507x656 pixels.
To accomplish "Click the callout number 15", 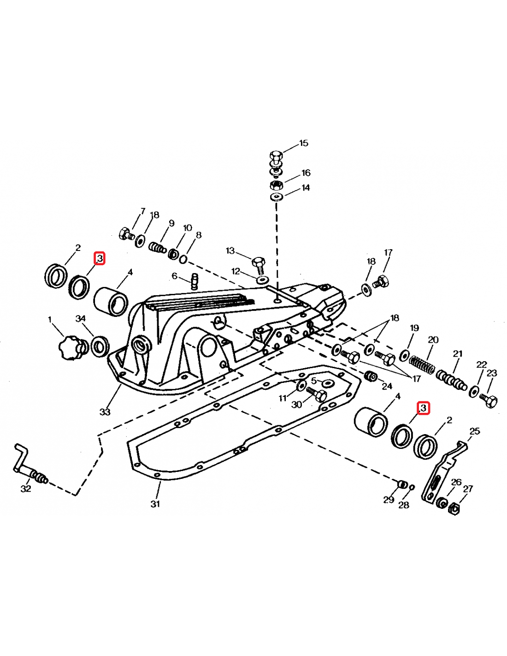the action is [x=304, y=143].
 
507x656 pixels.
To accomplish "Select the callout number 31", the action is [x=155, y=504].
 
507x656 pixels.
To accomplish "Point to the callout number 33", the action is [x=105, y=412].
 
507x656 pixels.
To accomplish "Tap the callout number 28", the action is [x=404, y=505].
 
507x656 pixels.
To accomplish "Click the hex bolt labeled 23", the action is [x=489, y=400].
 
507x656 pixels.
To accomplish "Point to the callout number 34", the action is [x=81, y=318].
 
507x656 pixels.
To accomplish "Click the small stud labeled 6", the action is [x=195, y=281].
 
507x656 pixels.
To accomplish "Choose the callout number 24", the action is [x=387, y=386].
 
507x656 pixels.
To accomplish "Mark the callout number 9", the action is [x=171, y=223].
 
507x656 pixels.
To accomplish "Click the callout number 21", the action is [x=458, y=353].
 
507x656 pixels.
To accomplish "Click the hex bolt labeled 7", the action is [x=126, y=234].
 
